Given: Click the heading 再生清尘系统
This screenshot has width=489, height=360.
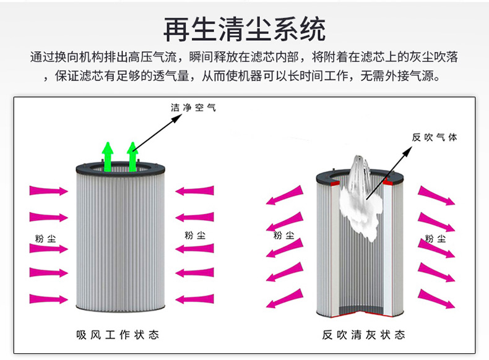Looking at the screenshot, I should click(x=244, y=28).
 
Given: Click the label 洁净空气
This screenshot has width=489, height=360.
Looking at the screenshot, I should click(x=194, y=108).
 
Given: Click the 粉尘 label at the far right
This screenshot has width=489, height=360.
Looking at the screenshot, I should click(x=435, y=238).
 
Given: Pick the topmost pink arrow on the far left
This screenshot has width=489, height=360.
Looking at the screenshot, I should click(x=47, y=191).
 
